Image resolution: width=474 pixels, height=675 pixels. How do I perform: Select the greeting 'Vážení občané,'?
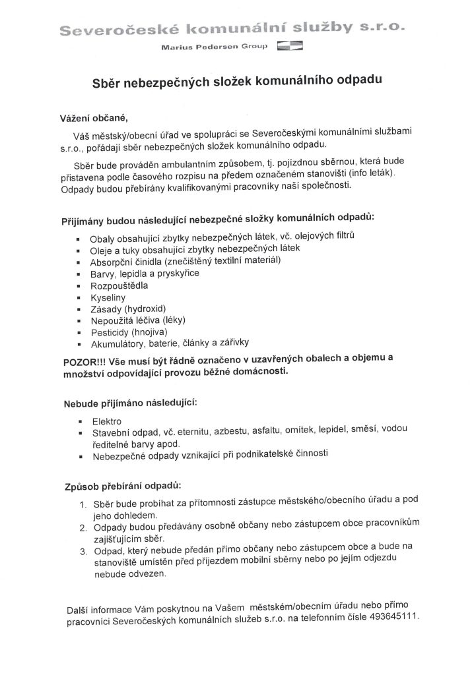tap(92, 119)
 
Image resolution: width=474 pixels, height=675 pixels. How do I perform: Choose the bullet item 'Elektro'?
tap(107, 421)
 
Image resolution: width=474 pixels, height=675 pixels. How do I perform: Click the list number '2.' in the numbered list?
tap(84, 529)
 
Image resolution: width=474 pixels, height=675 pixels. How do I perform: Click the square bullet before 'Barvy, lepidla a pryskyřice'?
tap(79, 274)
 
